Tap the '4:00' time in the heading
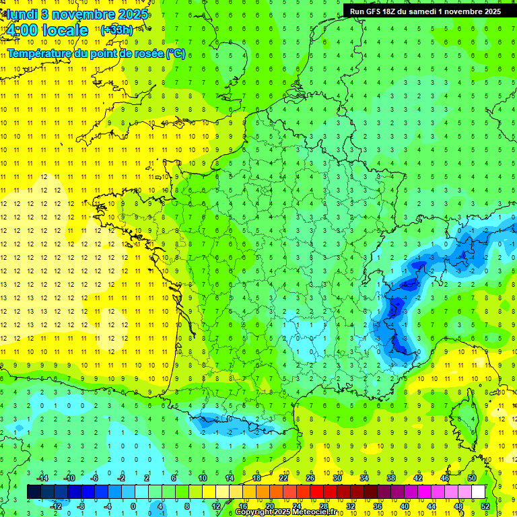coord(22,30)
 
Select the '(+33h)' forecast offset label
coord(116,30)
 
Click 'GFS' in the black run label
coord(374,11)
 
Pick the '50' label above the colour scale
coord(472,477)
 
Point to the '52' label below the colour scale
coord(485,506)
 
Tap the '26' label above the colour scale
coord(310,477)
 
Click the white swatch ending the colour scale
coord(478,491)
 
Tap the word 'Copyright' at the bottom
coord(254,512)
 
